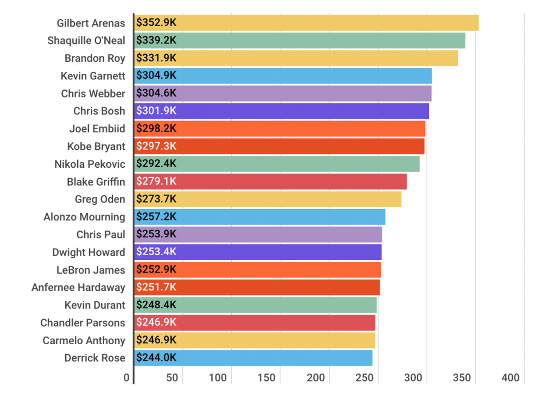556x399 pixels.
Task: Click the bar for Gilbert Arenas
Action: point(306,23)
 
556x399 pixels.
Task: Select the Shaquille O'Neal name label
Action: point(86,41)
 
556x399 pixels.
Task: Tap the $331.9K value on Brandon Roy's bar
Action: point(156,58)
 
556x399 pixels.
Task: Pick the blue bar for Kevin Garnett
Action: point(283,76)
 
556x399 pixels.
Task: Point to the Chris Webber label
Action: point(93,93)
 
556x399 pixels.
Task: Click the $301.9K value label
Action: point(156,111)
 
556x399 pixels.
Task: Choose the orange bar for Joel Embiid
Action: point(280,129)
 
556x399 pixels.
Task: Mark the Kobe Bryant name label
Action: point(96,147)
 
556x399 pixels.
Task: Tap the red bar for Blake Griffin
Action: point(270,181)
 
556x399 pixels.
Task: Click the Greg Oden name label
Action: point(100,199)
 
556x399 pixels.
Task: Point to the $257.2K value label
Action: point(156,217)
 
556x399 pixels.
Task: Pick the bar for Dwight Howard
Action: point(258,252)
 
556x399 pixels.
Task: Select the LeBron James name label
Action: point(91,270)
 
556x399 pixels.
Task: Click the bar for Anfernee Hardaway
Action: point(257,287)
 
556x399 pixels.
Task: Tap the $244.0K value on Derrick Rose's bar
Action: point(156,358)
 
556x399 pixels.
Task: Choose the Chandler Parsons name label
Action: point(83,323)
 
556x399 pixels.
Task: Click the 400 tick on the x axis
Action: point(511,378)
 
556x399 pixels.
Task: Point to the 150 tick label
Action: point(267,378)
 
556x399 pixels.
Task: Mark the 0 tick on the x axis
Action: point(127,378)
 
